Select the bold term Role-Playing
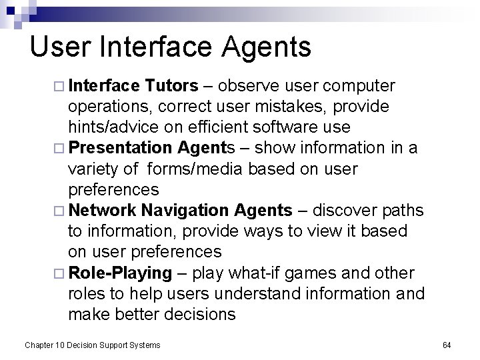point(121,273)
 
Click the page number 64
point(447,345)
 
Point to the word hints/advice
point(109,127)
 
